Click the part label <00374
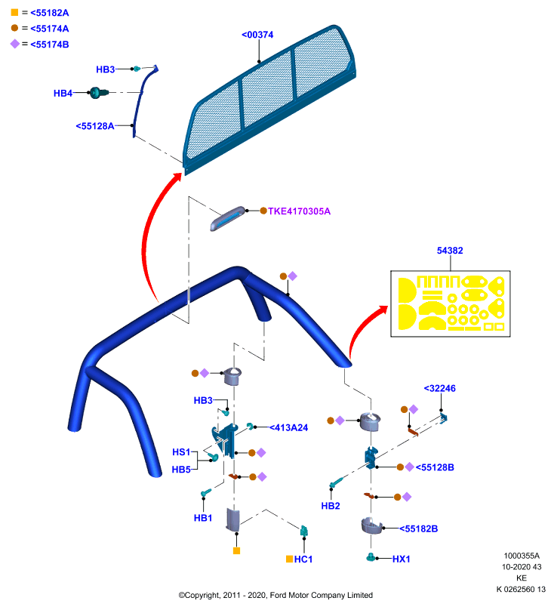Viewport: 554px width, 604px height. (x=257, y=35)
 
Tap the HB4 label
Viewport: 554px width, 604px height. (x=63, y=93)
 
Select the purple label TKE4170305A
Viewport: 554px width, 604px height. (x=299, y=211)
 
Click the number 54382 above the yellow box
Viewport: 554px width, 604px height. (x=450, y=251)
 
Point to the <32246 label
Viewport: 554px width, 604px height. (x=440, y=388)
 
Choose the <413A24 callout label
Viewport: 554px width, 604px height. (x=289, y=427)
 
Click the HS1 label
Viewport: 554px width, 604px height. (x=181, y=451)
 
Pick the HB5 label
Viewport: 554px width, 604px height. (x=181, y=470)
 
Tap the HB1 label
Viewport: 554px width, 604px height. (x=203, y=518)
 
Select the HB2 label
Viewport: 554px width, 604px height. (x=331, y=506)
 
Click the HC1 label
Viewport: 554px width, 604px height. (x=303, y=559)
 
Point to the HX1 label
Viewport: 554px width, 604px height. (x=401, y=559)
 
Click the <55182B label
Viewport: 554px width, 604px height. (x=418, y=528)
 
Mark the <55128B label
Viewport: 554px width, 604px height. (x=435, y=467)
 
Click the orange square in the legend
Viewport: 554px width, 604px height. (x=14, y=12)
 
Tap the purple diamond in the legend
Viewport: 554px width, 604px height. (x=14, y=44)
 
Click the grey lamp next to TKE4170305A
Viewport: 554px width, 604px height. (x=227, y=218)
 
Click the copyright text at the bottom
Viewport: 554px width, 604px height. (x=275, y=595)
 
